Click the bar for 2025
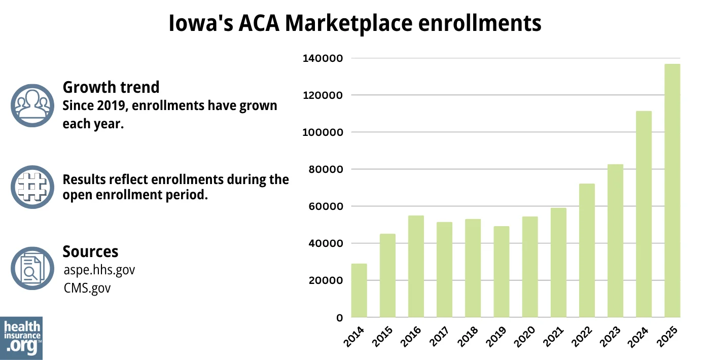[672, 191]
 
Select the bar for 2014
[359, 291]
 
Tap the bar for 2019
[501, 272]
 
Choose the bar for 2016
[416, 267]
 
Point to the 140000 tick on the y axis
[323, 58]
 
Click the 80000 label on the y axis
[325, 169]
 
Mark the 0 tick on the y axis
[339, 318]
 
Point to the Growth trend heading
[111, 87]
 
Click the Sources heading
[90, 251]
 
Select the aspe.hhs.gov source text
[99, 270]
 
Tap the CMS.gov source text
[87, 288]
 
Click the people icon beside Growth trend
[32, 105]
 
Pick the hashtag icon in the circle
[32, 187]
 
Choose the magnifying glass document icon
[32, 268]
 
